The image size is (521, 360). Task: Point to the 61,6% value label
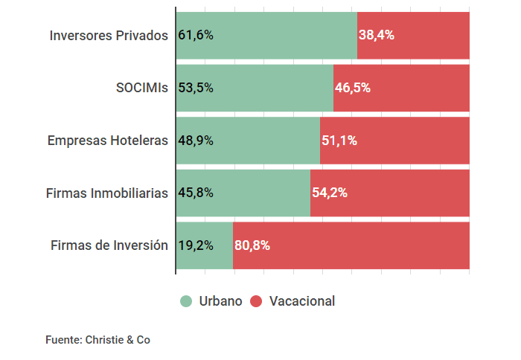[x=196, y=35]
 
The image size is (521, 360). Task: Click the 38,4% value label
[x=377, y=35]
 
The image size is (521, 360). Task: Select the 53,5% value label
[x=196, y=88]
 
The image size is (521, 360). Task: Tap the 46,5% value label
[x=353, y=88]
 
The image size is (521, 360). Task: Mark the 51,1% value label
[x=339, y=140]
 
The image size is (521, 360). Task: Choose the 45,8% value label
[x=196, y=193]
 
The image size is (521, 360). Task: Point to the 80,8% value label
[x=252, y=245]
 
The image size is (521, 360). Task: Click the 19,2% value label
[x=196, y=245]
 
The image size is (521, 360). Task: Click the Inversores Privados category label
[x=109, y=35]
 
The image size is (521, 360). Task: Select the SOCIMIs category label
[x=141, y=88]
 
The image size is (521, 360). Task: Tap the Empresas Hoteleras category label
[x=108, y=140]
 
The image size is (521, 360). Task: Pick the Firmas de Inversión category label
[x=109, y=245]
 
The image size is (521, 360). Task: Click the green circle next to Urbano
[x=186, y=301]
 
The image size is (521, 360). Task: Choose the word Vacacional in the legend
[x=302, y=301]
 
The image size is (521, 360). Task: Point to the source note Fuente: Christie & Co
[x=98, y=340]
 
